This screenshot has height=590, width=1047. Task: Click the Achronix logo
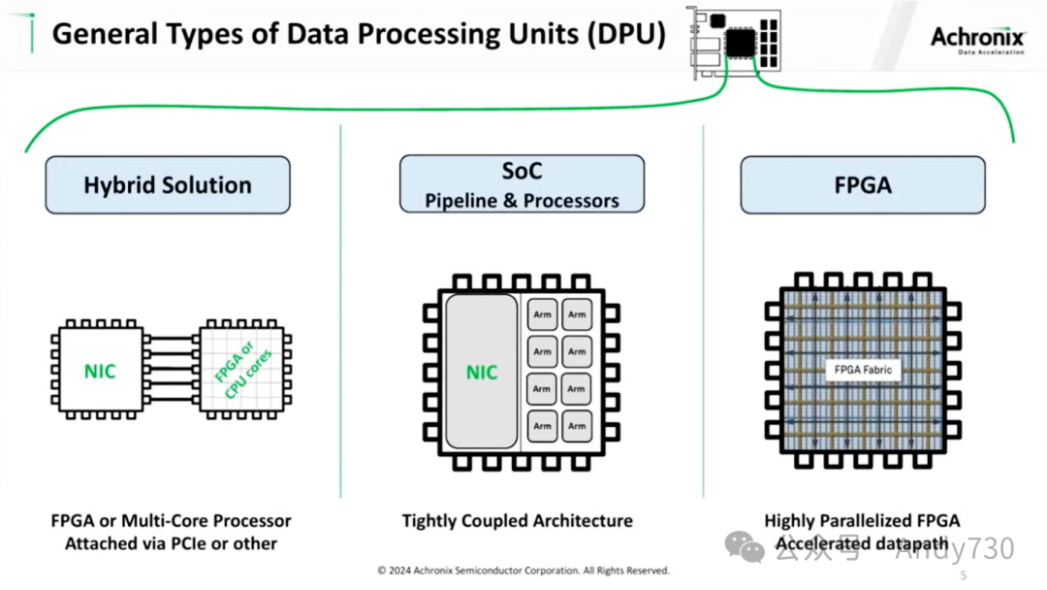977,39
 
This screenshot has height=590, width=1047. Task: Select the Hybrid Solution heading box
167,185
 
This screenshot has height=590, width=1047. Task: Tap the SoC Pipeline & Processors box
522,184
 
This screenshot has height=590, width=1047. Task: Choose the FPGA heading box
863,185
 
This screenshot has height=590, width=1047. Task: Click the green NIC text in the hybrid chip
99,372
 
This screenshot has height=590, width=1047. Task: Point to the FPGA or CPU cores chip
245,372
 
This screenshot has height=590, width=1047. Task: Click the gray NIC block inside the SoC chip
482,373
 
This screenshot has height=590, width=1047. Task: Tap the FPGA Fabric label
863,370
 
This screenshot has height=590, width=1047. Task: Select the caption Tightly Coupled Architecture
517,521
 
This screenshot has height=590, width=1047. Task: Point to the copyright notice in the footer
523,571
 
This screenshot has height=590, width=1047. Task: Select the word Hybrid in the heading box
117,185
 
